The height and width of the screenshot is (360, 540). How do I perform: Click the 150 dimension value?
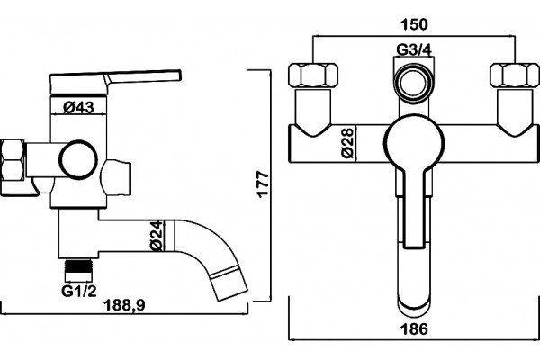414,24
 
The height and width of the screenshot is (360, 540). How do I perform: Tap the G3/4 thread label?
414,50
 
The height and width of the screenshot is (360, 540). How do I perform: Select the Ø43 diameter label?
78,108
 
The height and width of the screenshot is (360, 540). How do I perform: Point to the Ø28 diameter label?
348,143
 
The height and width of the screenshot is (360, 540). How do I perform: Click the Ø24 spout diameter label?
157,236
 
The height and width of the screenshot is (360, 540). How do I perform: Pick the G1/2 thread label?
79,291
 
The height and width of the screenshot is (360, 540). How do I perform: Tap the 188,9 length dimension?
125,305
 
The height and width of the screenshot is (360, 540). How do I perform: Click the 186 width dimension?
414,329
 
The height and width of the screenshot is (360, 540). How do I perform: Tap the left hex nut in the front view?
312,75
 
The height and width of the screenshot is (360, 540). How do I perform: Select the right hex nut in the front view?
515,75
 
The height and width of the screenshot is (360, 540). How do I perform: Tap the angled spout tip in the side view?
229,283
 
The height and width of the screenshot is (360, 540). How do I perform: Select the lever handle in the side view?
115,82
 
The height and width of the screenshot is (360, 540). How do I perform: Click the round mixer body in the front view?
414,143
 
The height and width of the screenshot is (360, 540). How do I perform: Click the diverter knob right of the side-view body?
116,177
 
